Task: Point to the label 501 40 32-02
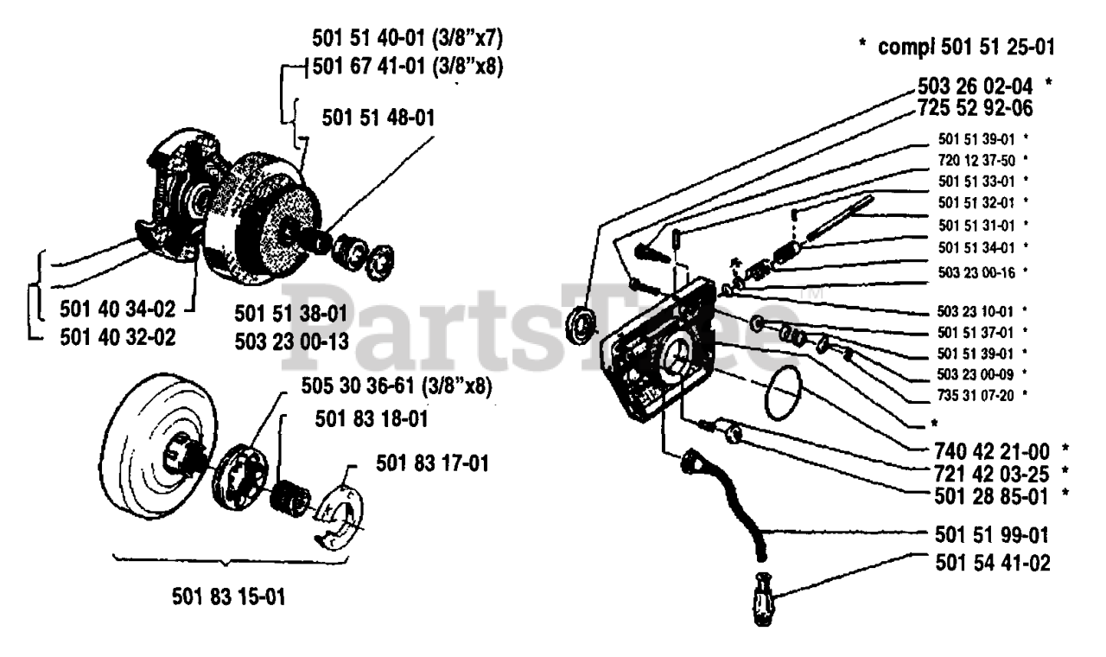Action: click(x=118, y=336)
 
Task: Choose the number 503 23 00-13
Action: click(x=291, y=341)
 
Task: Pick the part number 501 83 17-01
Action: click(x=431, y=464)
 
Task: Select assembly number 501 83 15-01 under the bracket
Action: click(x=228, y=596)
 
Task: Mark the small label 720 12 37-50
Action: click(x=977, y=159)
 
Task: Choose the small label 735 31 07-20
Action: click(x=977, y=395)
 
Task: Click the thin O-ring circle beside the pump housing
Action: click(x=782, y=394)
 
